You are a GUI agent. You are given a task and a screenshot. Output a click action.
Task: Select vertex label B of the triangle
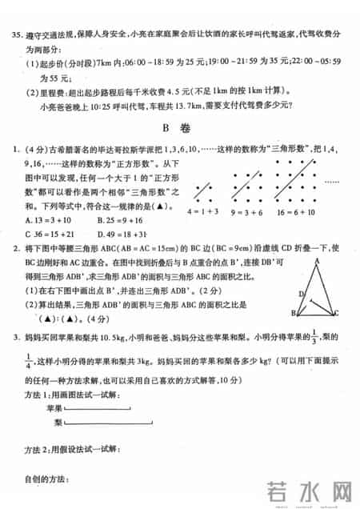point(294,314)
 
